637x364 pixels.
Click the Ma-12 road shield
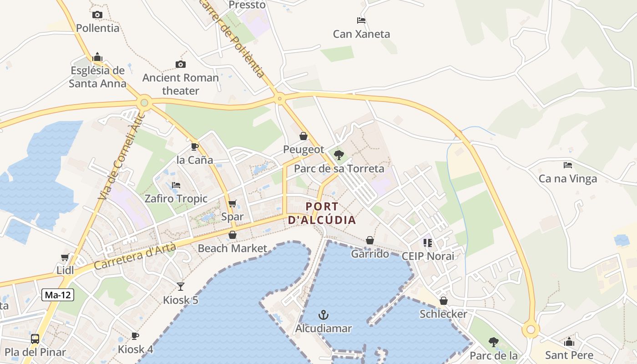pos(58,295)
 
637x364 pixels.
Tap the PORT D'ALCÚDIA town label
pos(322,213)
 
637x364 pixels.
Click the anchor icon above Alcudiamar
pos(323,315)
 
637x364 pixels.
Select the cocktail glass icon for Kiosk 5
pos(181,286)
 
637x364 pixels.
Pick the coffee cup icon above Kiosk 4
pos(135,336)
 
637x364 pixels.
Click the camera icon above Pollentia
pos(97,15)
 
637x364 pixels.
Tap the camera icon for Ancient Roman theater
pos(181,65)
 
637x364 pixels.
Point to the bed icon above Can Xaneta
pos(361,20)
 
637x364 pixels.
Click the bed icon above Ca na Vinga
pos(567,165)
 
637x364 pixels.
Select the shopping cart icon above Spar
pos(233,203)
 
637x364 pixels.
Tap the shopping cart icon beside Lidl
pos(65,257)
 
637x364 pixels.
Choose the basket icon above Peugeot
pos(303,136)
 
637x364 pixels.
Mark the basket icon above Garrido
pos(370,240)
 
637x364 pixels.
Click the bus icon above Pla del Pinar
pos(35,339)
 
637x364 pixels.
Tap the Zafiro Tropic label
pos(176,199)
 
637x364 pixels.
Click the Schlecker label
pos(443,314)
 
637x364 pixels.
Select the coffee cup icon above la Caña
pos(194,147)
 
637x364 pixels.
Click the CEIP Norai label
pos(428,256)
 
